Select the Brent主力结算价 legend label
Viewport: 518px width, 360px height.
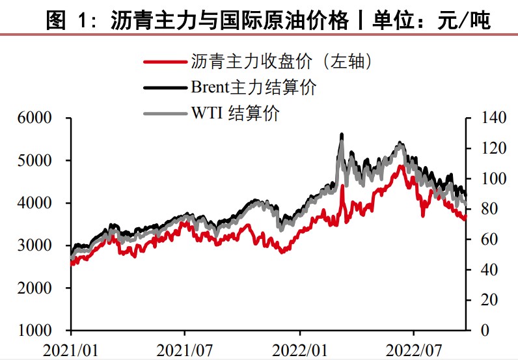click(x=253, y=87)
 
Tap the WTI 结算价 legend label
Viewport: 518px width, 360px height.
click(x=235, y=112)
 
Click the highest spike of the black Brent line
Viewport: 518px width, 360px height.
click(x=342, y=134)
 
